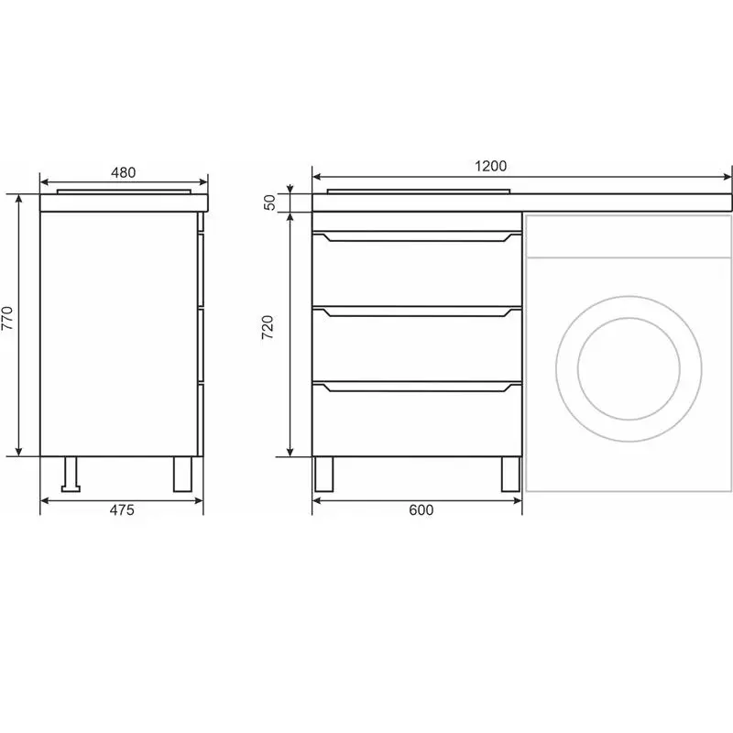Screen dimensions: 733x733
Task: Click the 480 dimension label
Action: [124, 172]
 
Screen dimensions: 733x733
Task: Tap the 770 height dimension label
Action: [7, 318]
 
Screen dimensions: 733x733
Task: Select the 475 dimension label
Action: [122, 509]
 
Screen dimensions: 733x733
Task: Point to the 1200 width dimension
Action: [491, 166]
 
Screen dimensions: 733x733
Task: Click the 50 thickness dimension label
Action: [269, 202]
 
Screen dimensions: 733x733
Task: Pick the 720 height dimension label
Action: [268, 327]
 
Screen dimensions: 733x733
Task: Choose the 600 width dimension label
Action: [421, 509]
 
